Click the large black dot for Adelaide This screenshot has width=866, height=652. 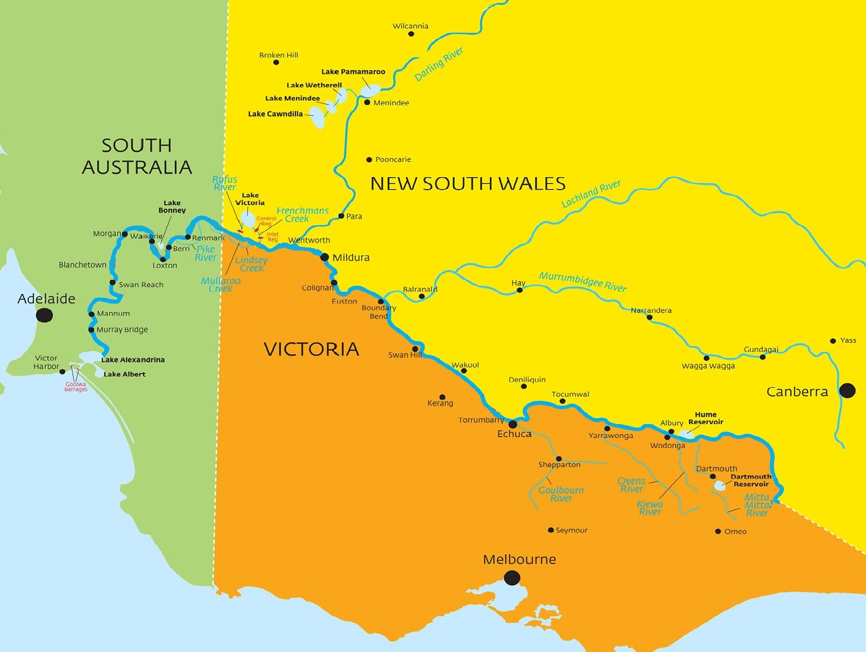[x=44, y=315]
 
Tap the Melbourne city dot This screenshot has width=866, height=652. [x=511, y=577]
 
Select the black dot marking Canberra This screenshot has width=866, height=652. [x=847, y=391]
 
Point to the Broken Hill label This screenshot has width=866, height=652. [x=279, y=55]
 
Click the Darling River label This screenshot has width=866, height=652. [x=439, y=64]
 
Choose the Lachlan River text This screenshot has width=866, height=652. [x=591, y=194]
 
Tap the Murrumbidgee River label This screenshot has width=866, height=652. [x=583, y=282]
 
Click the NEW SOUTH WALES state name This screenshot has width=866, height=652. [x=468, y=184]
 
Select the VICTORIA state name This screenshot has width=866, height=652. [x=311, y=349]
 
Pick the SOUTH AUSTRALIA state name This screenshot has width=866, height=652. [x=137, y=156]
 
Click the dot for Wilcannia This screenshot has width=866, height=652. [x=411, y=34]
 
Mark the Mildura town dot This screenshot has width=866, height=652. [x=325, y=258]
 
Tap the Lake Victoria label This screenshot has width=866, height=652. [x=249, y=199]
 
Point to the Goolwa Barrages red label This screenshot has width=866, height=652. [x=76, y=387]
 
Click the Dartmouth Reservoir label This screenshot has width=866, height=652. [x=751, y=480]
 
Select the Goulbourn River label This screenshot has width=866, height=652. [x=561, y=494]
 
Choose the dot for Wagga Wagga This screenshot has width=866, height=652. [x=707, y=358]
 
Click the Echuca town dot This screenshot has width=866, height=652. [x=513, y=424]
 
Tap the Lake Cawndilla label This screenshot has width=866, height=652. [x=275, y=114]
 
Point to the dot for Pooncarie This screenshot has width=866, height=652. [x=369, y=159]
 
